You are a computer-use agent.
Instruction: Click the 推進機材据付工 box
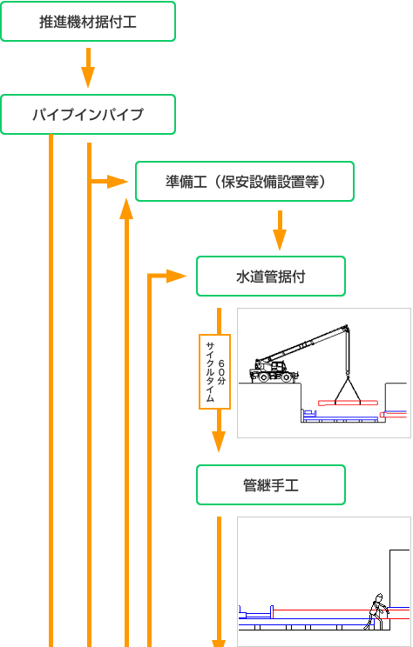click(x=88, y=22)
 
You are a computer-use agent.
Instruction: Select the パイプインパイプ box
click(x=88, y=114)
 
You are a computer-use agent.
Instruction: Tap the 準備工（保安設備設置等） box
click(x=245, y=181)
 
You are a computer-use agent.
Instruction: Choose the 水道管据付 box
click(x=271, y=276)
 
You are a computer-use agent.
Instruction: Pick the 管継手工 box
click(x=271, y=485)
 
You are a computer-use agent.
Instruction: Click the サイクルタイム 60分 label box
click(x=215, y=371)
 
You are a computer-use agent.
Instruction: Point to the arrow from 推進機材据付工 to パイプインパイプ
click(x=88, y=68)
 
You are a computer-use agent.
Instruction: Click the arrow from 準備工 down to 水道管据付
click(x=280, y=230)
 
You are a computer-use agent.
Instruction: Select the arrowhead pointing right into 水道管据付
click(x=177, y=276)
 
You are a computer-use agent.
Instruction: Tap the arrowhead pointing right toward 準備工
click(x=118, y=182)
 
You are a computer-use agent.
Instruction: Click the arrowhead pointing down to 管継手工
click(x=219, y=442)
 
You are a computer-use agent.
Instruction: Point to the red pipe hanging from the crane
click(x=348, y=403)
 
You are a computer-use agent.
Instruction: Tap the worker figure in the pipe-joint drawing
click(x=376, y=611)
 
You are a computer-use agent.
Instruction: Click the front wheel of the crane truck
click(x=262, y=377)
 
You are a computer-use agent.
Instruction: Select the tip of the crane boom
click(x=347, y=326)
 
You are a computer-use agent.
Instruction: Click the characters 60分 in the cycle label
click(x=221, y=372)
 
